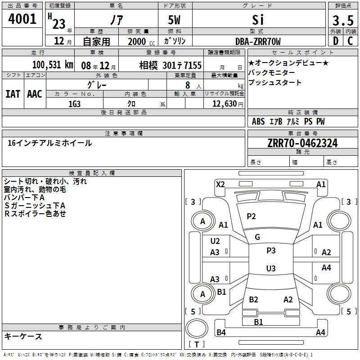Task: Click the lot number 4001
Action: (x=22, y=19)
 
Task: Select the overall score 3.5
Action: (x=343, y=21)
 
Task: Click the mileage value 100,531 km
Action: (x=52, y=64)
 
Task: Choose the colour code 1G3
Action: (x=74, y=103)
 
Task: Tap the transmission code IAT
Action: (x=13, y=94)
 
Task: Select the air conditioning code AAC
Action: (x=34, y=94)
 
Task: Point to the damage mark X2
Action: (x=220, y=184)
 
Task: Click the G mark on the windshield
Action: (x=257, y=237)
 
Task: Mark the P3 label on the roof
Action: (x=271, y=251)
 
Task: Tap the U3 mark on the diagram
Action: (x=271, y=269)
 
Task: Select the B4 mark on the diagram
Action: (x=221, y=333)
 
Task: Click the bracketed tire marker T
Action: (x=197, y=345)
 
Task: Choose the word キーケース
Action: (x=23, y=337)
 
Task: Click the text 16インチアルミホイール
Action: (x=50, y=143)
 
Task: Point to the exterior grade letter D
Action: (x=335, y=41)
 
